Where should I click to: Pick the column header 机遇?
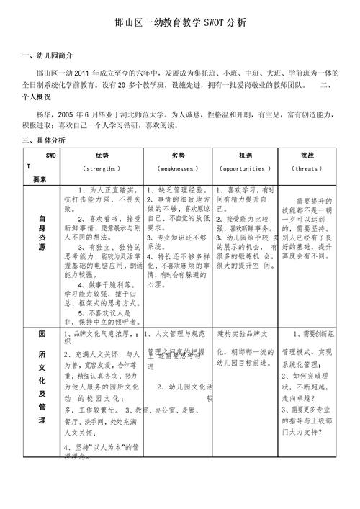point(246,156)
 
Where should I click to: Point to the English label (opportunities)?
point(246,168)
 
